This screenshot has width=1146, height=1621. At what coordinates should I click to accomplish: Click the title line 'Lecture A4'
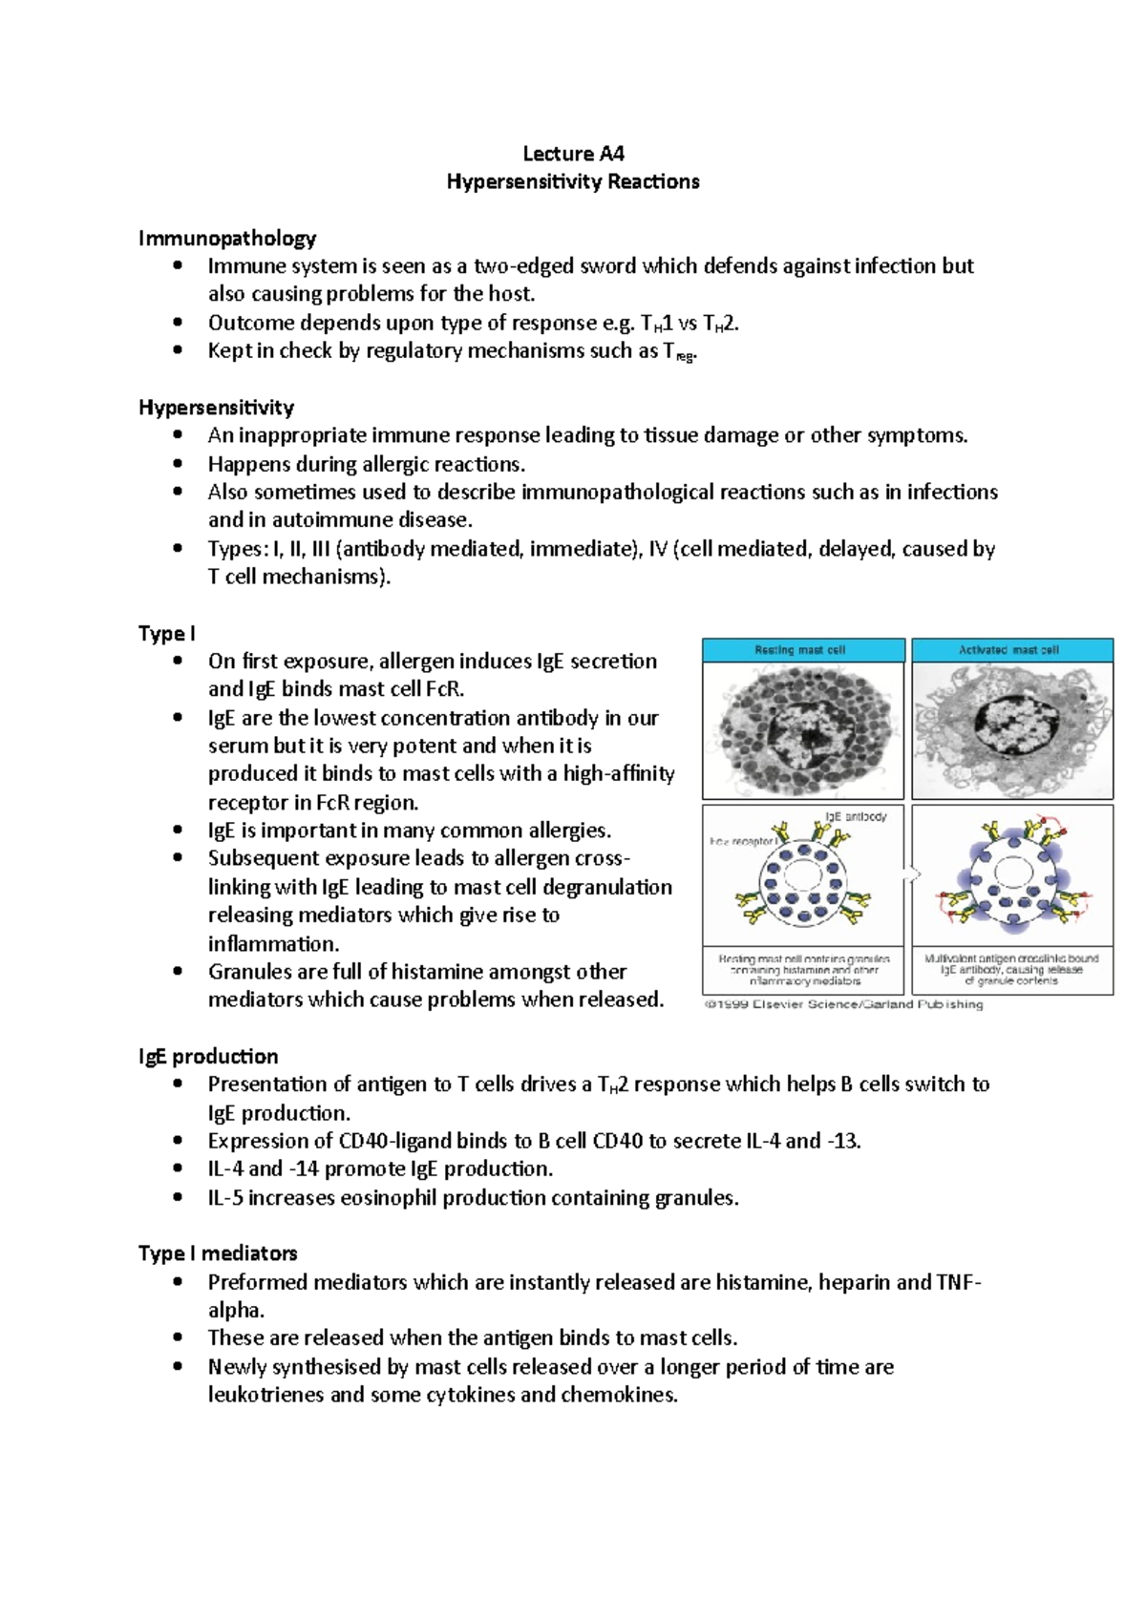573,154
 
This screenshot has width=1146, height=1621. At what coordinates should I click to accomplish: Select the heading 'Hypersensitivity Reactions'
573,181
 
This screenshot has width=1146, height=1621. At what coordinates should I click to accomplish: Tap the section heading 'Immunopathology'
227,238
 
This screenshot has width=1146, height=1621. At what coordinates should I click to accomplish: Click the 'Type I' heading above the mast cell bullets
166,634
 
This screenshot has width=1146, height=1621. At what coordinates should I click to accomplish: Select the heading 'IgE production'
208,1057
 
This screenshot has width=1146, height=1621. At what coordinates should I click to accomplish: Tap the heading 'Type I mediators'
218,1253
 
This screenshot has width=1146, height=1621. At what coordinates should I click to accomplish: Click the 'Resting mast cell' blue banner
802,650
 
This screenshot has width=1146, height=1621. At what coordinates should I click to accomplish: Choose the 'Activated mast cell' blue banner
1011,650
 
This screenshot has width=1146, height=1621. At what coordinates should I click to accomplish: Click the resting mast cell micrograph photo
802,731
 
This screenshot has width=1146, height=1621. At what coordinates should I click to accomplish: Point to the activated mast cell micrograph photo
1011,731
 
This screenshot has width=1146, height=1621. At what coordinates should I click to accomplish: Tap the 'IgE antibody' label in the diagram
856,816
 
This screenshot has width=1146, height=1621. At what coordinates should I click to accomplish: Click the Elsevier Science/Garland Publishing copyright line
843,1004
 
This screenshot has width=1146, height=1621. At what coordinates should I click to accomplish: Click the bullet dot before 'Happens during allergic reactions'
177,464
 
